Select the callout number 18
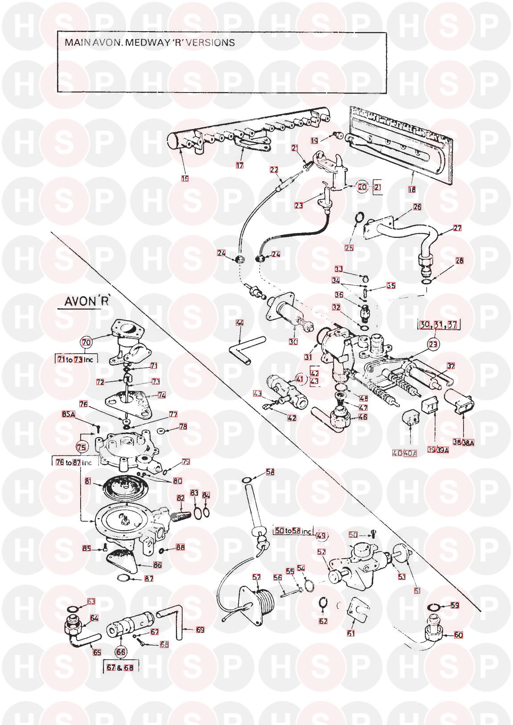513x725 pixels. point(411,189)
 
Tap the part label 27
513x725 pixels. point(457,228)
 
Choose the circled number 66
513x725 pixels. point(121,652)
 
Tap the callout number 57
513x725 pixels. point(256,577)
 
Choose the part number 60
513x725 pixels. point(459,635)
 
